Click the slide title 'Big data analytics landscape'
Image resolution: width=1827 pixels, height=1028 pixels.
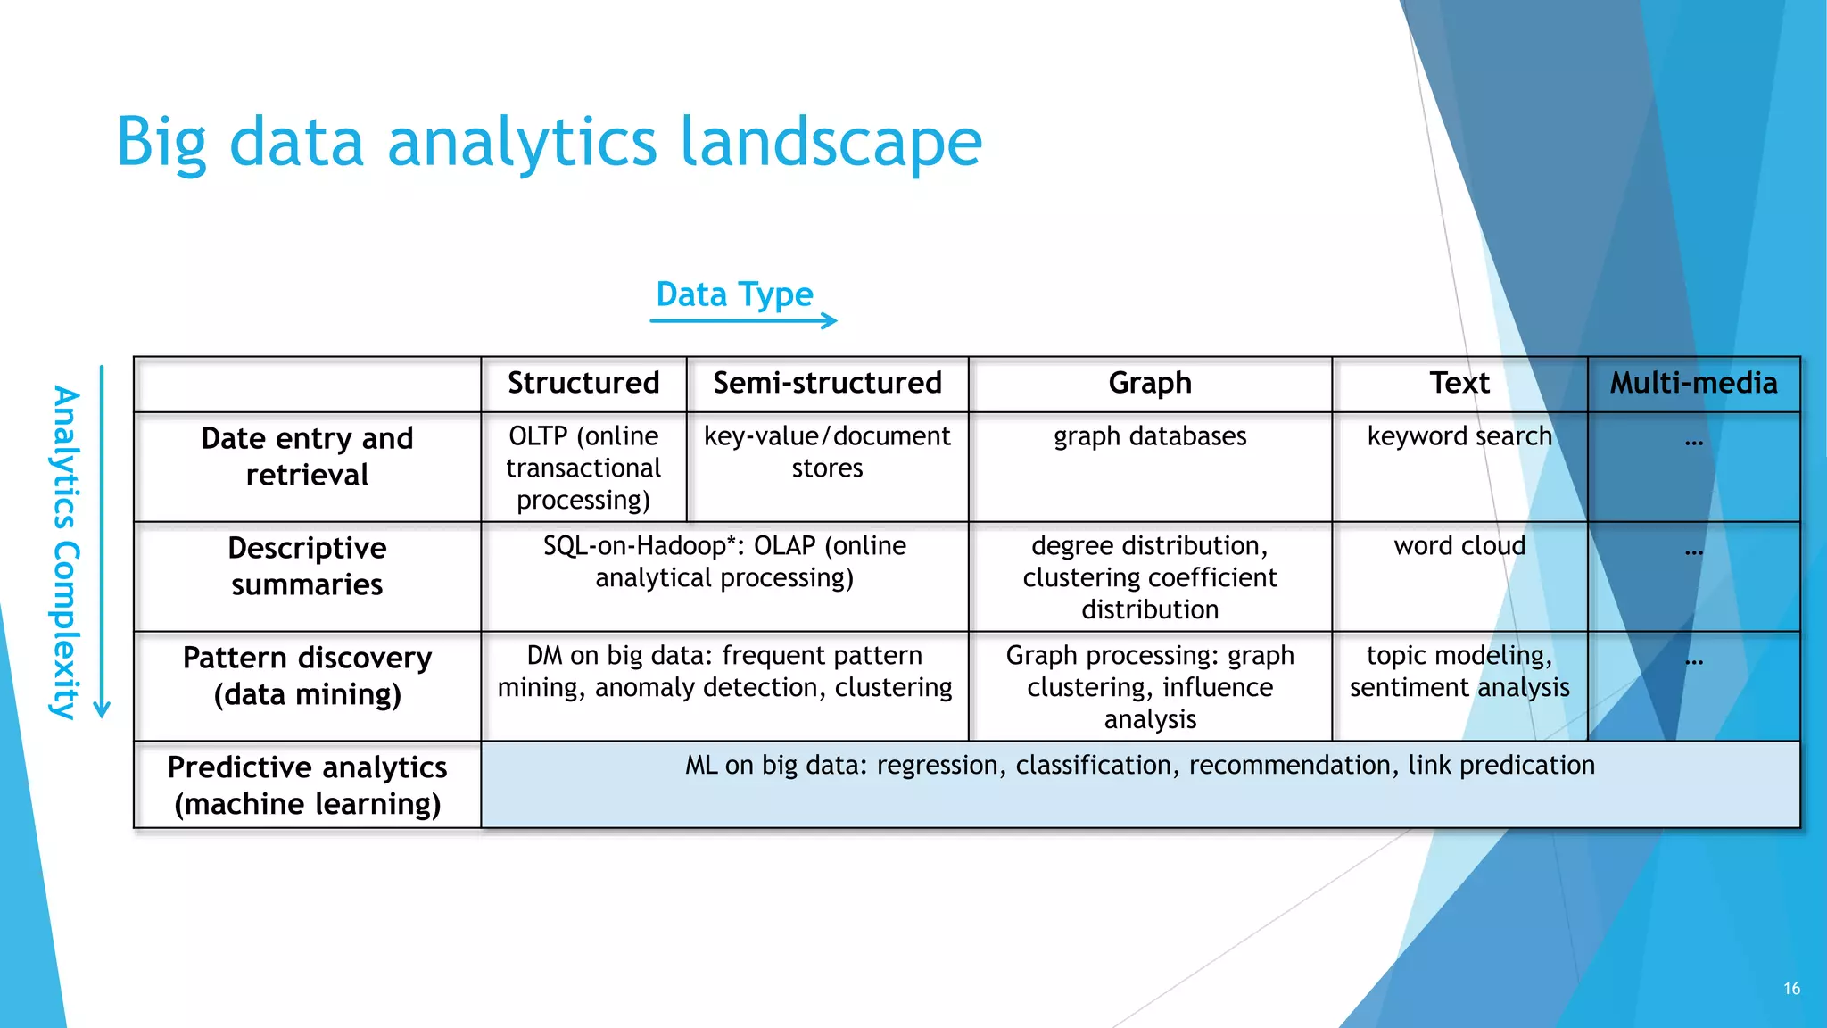pyautogui.click(x=549, y=143)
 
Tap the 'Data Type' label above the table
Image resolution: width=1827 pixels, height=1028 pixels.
pyautogui.click(x=734, y=294)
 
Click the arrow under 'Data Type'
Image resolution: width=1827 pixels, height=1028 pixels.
pyautogui.click(x=743, y=320)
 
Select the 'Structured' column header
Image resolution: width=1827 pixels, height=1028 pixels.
pyautogui.click(x=583, y=383)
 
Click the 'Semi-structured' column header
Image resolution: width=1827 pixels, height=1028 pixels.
pyautogui.click(x=827, y=383)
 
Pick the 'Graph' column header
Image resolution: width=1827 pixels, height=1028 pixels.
pyautogui.click(x=1150, y=383)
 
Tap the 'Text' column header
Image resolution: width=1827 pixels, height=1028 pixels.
pyautogui.click(x=1459, y=383)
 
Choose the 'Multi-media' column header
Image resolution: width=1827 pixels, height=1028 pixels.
pyautogui.click(x=1693, y=383)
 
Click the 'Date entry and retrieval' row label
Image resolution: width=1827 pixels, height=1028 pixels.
pyautogui.click(x=307, y=456)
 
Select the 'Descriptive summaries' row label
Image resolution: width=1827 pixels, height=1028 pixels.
pyautogui.click(x=307, y=566)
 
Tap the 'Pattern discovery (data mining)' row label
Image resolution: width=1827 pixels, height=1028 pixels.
pyautogui.click(x=307, y=676)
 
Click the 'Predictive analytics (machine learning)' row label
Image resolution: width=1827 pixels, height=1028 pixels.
pyautogui.click(x=307, y=785)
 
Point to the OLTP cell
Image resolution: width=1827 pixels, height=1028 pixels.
pyautogui.click(x=583, y=468)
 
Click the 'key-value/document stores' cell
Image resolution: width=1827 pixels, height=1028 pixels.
pyautogui.click(x=827, y=452)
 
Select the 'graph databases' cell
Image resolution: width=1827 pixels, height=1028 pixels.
pyautogui.click(x=1150, y=436)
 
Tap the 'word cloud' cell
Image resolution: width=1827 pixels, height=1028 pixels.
pyautogui.click(x=1459, y=546)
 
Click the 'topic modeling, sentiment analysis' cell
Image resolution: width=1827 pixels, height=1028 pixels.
pyautogui.click(x=1459, y=671)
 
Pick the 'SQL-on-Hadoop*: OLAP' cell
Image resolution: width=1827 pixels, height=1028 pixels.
pyautogui.click(x=724, y=561)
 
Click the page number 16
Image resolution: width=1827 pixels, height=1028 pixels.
pyautogui.click(x=1791, y=989)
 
